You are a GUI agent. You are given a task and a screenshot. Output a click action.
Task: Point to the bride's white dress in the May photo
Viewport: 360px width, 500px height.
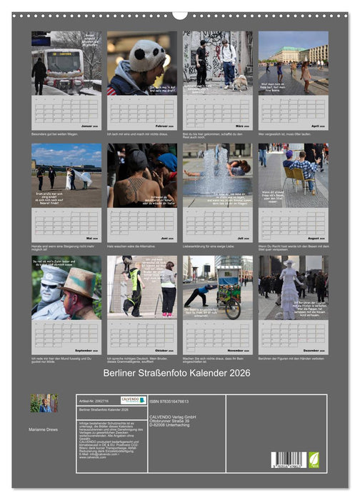pos(84,176)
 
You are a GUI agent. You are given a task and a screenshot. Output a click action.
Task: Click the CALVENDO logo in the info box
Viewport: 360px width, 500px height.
pos(132,400)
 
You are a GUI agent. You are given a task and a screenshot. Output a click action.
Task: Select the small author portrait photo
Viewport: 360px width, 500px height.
pos(44,403)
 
